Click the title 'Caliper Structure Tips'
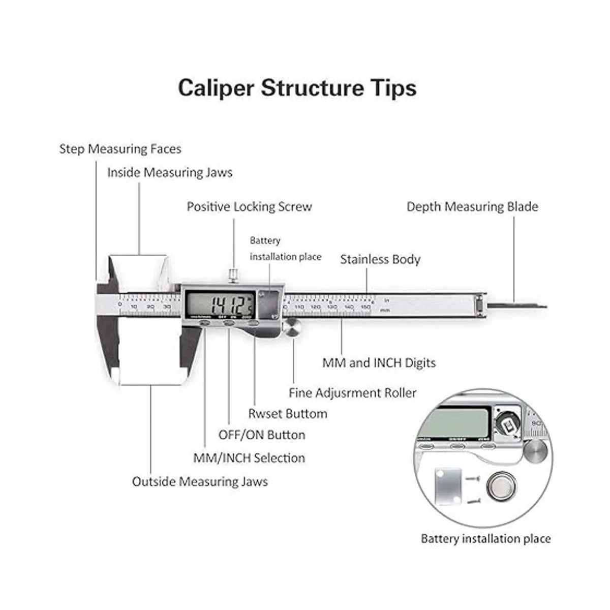click(297, 87)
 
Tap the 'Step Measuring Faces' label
click(120, 149)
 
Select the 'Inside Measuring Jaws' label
click(169, 172)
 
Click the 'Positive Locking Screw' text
click(249, 206)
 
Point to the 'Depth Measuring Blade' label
click(472, 206)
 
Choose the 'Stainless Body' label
click(380, 259)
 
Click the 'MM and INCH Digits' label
click(379, 363)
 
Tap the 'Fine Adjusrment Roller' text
click(352, 393)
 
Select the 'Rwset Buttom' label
click(288, 414)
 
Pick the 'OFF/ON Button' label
click(262, 435)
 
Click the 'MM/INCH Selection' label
click(249, 458)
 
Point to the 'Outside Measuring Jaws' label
click(200, 481)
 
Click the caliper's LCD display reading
click(220, 304)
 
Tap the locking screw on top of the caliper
click(233, 276)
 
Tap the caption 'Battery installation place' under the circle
click(485, 539)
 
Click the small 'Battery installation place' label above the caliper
click(285, 249)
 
